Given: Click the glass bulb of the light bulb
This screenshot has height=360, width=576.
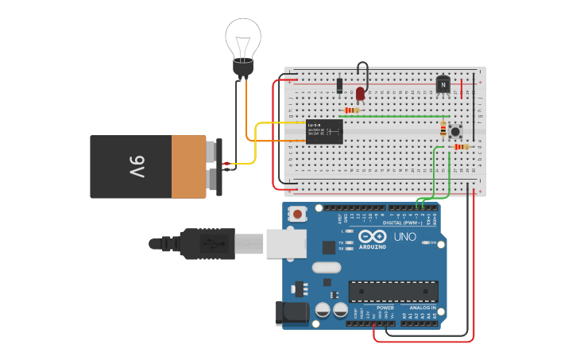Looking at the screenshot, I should point(243,37).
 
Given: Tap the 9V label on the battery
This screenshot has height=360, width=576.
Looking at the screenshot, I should point(137,167).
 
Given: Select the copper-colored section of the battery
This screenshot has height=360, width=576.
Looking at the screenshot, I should point(188,167).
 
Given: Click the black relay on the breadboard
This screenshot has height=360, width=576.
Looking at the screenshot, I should point(324,131).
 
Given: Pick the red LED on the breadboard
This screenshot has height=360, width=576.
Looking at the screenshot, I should point(360,94).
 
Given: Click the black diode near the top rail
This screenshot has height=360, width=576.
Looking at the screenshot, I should point(339,85).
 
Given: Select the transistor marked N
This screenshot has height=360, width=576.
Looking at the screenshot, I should point(443,84).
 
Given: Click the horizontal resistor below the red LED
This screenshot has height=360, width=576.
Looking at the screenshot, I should point(350,110).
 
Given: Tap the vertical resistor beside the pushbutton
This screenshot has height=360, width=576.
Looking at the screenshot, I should point(443,127).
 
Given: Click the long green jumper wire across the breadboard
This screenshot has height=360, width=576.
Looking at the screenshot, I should point(389,117).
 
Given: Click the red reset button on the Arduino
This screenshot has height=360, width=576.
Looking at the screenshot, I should point(298,213).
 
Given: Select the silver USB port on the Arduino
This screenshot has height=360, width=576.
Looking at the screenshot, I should point(285,243).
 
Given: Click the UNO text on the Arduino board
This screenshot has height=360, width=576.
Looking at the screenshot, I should point(405,237).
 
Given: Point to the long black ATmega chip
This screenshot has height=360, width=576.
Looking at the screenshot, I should point(393,292).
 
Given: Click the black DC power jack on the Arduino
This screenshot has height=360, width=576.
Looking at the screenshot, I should point(292,313).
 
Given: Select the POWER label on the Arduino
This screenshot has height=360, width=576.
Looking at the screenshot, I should point(385,308).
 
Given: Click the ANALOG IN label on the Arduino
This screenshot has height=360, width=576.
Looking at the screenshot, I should point(422,308).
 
